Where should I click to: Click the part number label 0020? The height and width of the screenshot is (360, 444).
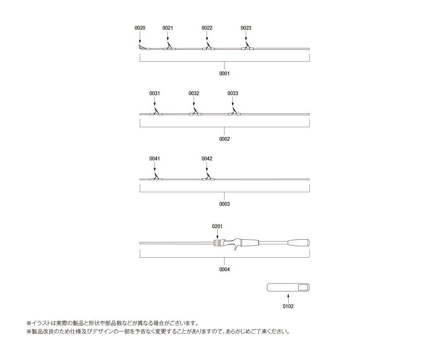(x=140, y=28)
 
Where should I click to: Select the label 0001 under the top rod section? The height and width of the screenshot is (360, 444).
(x=224, y=74)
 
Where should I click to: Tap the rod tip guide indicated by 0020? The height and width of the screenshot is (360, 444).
(x=141, y=47)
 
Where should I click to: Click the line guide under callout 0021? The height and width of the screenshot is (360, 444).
(x=169, y=47)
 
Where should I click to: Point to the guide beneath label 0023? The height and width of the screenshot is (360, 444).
(x=247, y=47)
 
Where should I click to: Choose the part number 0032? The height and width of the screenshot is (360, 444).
(x=194, y=94)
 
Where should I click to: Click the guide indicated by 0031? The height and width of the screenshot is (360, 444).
(x=156, y=112)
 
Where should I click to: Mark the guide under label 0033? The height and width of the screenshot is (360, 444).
(x=234, y=112)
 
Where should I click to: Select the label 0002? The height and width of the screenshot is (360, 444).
(x=224, y=139)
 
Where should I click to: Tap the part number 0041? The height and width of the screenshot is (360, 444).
(x=154, y=159)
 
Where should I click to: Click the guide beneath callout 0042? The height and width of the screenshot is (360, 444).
(x=208, y=177)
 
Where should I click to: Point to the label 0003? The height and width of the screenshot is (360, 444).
(x=224, y=204)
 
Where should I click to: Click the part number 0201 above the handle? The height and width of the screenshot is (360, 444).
(x=217, y=226)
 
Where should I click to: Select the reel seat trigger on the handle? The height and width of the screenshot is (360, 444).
(x=236, y=248)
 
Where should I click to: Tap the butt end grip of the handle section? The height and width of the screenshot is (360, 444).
(x=299, y=243)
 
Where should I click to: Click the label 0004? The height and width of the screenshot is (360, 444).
(x=224, y=270)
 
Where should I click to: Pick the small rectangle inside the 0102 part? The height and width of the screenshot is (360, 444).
(x=303, y=288)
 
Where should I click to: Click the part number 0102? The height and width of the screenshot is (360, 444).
(x=288, y=306)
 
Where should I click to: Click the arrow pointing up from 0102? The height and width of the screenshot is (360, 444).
(x=288, y=298)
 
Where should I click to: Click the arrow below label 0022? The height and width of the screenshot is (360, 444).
(x=207, y=36)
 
